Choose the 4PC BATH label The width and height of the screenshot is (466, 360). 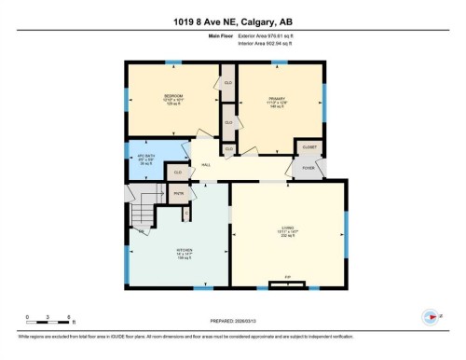click(143, 153)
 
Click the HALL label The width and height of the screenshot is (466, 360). click(206, 165)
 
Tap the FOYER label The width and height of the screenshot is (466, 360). click(308, 168)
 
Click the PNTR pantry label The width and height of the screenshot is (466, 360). click(178, 194)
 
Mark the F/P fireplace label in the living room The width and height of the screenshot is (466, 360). click(288, 277)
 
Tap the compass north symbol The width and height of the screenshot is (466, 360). click(430, 316)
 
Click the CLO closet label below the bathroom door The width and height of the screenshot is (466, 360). click(176, 173)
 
